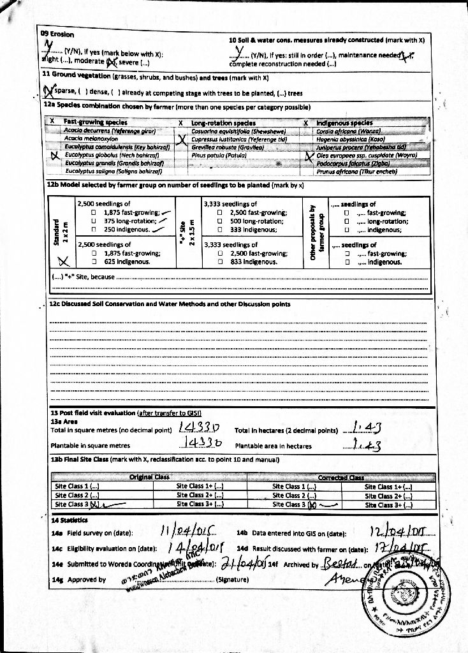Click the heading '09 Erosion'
pyautogui.click(x=57, y=34)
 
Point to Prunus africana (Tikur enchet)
pyautogui.click(x=357, y=171)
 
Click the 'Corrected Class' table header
pyautogui.click(x=340, y=477)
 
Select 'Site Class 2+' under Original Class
pyautogui.click(x=200, y=495)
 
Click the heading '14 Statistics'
pyautogui.click(x=68, y=520)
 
